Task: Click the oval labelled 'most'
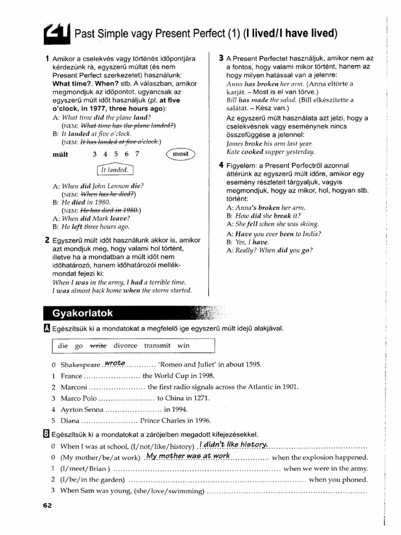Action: pyautogui.click(x=180, y=154)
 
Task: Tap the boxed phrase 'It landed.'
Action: pyautogui.click(x=115, y=169)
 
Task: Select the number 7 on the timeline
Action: pyautogui.click(x=137, y=154)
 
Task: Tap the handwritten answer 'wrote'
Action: pyautogui.click(x=115, y=363)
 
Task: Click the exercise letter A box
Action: pyautogui.click(x=48, y=328)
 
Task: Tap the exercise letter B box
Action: pyautogui.click(x=48, y=434)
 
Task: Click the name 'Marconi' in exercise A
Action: pyautogui.click(x=74, y=387)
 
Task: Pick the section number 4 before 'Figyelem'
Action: pyautogui.click(x=221, y=166)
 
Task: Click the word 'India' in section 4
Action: pyautogui.click(x=310, y=234)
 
